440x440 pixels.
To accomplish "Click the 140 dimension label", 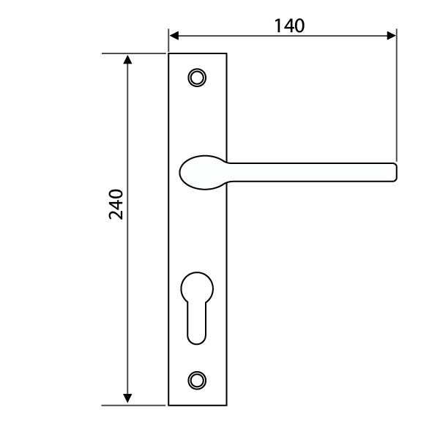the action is [289, 26].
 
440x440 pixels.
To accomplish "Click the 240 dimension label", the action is [116, 204].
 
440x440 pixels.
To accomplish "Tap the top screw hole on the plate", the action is [197, 78].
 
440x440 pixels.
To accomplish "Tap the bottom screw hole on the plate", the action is [197, 381].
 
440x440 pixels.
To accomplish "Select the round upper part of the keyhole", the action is [197, 288].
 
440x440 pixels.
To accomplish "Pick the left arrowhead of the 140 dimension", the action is [174, 36].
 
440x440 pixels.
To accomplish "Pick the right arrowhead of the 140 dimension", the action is [391, 36].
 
